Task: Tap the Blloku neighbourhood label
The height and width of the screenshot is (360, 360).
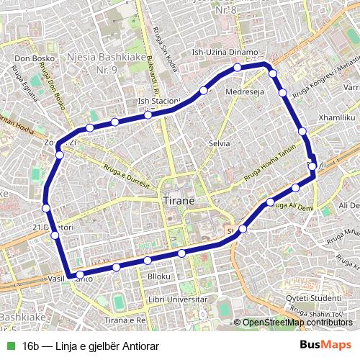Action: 158,276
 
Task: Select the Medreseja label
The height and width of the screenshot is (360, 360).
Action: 245,92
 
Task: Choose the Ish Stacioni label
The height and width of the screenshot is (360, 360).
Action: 158,102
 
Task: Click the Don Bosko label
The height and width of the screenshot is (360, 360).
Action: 30,58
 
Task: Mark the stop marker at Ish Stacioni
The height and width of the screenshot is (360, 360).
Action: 147,115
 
